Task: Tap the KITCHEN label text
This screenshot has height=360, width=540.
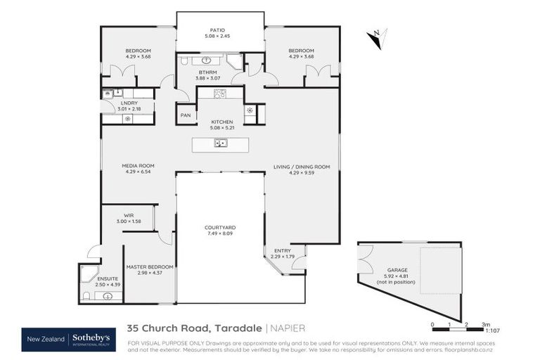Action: [x=221, y=122]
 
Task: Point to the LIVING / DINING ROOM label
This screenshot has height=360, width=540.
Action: [x=301, y=167]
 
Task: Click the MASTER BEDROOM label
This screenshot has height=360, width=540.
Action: [x=149, y=266]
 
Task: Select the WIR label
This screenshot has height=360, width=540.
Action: [x=129, y=215]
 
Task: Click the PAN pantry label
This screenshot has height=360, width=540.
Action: [x=186, y=115]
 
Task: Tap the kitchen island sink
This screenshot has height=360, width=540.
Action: [x=221, y=144]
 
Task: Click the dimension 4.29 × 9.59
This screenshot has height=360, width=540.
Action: [x=301, y=172]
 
